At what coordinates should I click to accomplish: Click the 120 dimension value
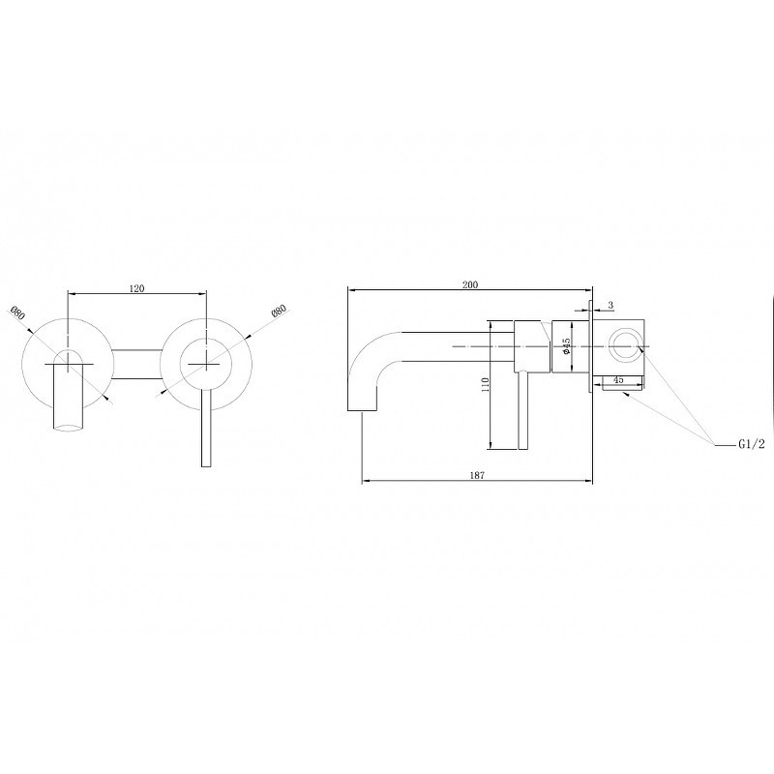point(136,288)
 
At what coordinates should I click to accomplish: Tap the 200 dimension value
point(470,284)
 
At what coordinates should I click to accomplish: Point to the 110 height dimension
point(486,384)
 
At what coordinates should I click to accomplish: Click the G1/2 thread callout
point(752,444)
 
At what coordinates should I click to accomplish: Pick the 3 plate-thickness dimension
point(610,306)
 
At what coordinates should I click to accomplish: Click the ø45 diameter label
point(567,345)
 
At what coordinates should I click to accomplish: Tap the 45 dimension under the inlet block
point(618,379)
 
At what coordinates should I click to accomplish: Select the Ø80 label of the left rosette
point(17,313)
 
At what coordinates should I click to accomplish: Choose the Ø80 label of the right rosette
point(279,312)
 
